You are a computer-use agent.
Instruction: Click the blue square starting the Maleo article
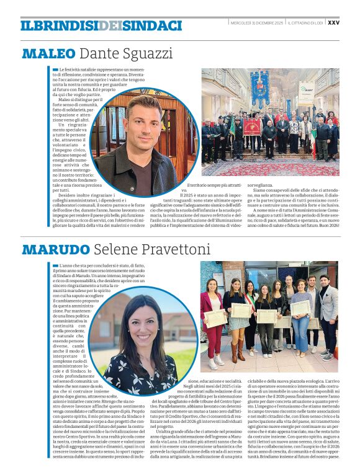pos(55,69)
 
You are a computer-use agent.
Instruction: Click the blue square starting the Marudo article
pos(55,265)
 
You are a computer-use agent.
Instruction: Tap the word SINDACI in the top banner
pos(151,25)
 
